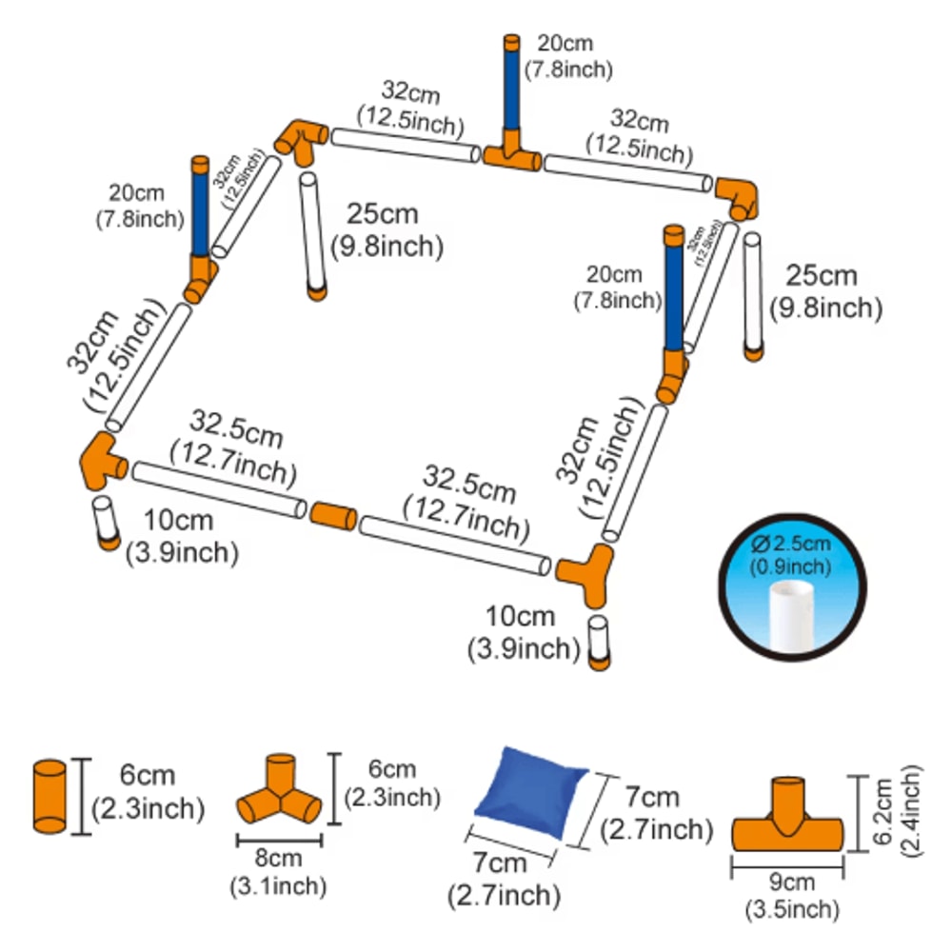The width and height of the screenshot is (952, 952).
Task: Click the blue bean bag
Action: [528, 793]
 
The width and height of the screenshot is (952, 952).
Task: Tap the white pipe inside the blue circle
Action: [790, 616]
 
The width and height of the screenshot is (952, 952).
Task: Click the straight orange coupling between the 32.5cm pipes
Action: [333, 516]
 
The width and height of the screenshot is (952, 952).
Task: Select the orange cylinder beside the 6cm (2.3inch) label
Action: [50, 796]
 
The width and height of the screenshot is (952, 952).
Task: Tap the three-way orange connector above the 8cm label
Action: [278, 793]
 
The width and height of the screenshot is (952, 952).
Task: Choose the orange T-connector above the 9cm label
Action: [787, 819]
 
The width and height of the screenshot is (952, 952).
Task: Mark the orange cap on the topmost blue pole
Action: [512, 42]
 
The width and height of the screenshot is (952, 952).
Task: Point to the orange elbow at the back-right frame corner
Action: [738, 195]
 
